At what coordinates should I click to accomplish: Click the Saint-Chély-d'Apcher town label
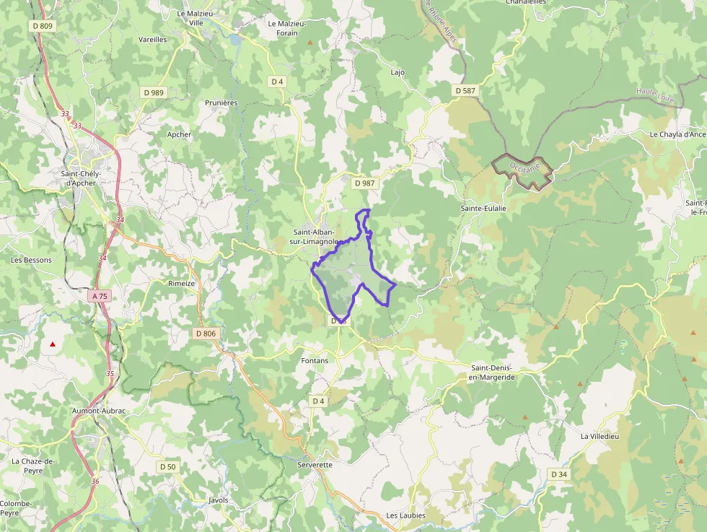[x=81, y=178]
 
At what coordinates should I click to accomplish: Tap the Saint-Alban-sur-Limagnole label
[x=314, y=237]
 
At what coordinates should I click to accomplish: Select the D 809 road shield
[x=43, y=26]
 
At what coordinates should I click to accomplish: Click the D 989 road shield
[x=154, y=92]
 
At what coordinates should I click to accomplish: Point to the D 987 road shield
[x=364, y=183]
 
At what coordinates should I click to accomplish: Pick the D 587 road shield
[x=466, y=91]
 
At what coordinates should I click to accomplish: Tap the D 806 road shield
[x=206, y=333]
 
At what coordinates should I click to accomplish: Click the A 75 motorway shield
[x=100, y=296]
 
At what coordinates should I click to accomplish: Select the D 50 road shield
[x=167, y=467]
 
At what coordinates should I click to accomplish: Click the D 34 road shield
[x=559, y=474]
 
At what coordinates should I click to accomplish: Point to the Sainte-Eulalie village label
[x=483, y=208]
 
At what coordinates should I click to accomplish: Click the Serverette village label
[x=315, y=465]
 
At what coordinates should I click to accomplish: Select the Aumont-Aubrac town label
[x=99, y=411]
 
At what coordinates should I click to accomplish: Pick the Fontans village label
[x=314, y=360]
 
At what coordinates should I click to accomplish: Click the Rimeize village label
[x=182, y=284]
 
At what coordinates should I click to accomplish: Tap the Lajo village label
[x=398, y=72]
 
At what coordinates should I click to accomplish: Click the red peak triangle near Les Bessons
[x=53, y=344]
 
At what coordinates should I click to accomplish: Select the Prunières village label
[x=221, y=103]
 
